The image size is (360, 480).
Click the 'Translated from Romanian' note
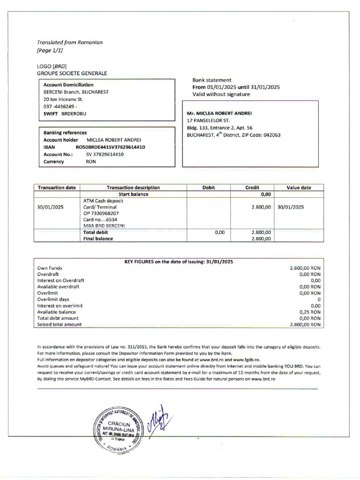[70, 42]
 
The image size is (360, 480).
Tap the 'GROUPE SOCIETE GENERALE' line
[72, 73]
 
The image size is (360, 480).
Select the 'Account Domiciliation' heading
[68, 85]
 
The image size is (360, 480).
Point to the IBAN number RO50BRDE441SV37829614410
[110, 147]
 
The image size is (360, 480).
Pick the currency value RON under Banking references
[90, 162]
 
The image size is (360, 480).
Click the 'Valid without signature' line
[221, 94]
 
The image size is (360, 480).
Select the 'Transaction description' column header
[133, 187]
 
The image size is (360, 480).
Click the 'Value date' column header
[299, 187]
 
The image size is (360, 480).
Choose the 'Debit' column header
[209, 187]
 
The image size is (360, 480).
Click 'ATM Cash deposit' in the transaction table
[103, 201]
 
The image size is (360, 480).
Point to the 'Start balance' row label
[133, 194]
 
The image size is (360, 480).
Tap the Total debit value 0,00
[219, 232]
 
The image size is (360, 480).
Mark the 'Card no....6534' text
[100, 219]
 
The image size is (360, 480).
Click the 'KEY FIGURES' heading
[178, 262]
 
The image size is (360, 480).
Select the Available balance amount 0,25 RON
[310, 312]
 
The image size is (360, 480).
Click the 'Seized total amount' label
[59, 324]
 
